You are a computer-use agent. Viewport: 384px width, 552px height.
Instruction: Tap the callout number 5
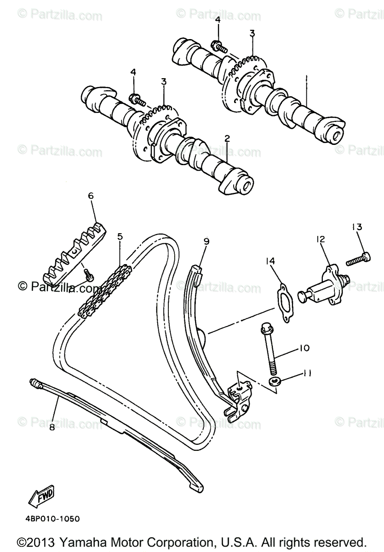coord(120,237)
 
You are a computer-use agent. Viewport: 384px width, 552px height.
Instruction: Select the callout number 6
coord(91,195)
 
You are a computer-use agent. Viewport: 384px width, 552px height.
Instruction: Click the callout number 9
coord(206,241)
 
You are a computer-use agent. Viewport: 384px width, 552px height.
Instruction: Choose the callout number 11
coord(307,374)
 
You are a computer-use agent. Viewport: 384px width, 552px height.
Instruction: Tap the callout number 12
coord(320,239)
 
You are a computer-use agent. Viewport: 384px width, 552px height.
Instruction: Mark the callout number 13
coord(358,227)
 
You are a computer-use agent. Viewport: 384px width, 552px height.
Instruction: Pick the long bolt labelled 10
coord(269,345)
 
